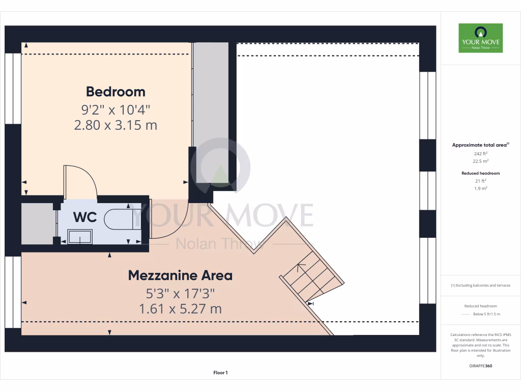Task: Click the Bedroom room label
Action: pos(115,92)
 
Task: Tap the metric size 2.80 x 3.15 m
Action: pos(115,125)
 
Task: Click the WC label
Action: pos(85,217)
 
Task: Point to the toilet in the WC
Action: pos(117,219)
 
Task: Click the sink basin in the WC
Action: pos(80,236)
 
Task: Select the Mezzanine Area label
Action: pos(180,275)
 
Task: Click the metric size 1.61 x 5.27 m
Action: pos(180,309)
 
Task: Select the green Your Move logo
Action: pos(480,38)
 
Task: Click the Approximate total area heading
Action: pos(480,145)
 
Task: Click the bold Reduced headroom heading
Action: pos(480,173)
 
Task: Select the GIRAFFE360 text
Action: pos(480,366)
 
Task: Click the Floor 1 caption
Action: pos(220,373)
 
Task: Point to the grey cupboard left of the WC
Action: pos(37,224)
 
